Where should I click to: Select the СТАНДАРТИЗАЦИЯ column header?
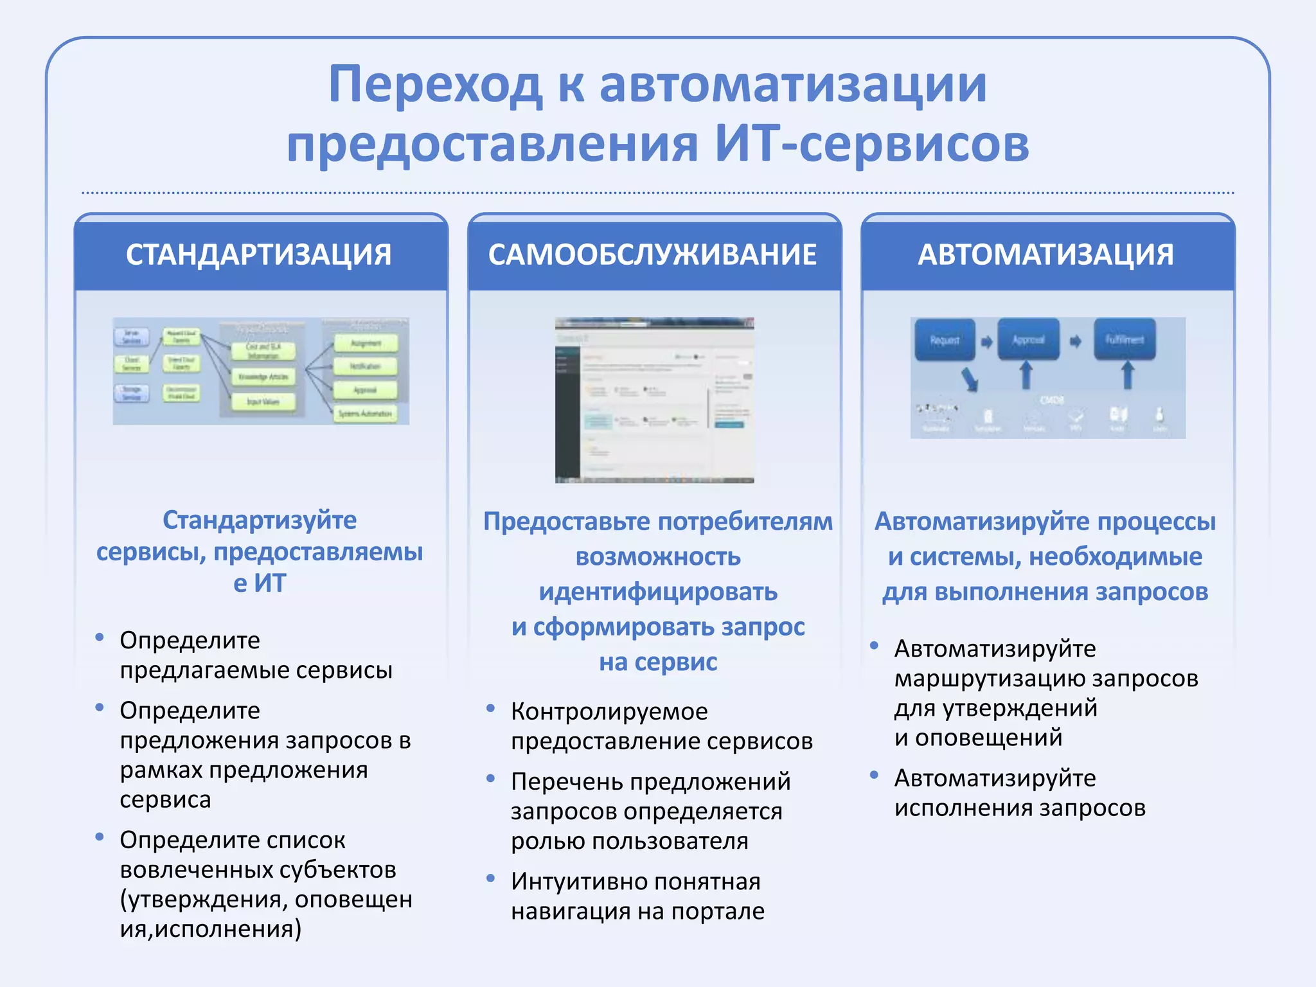coord(259,254)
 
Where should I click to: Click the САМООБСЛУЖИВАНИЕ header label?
coord(652,254)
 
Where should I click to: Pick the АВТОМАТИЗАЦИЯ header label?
coord(1045,254)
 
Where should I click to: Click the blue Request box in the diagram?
coord(944,340)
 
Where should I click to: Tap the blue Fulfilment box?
coord(1125,340)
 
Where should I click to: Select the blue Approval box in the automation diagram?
coord(1028,340)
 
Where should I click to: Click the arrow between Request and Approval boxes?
coord(986,342)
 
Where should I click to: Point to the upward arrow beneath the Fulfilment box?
coord(1128,375)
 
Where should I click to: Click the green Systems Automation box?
coord(365,413)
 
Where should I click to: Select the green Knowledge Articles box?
coord(263,377)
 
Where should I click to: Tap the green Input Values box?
coord(263,402)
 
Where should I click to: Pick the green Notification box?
coord(365,366)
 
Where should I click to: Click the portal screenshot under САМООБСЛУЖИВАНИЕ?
coord(654,400)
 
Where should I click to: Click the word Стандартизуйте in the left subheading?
coord(259,520)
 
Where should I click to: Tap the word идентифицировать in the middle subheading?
coord(658,592)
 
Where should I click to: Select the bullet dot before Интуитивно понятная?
coord(491,878)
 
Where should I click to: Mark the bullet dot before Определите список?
coord(100,837)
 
